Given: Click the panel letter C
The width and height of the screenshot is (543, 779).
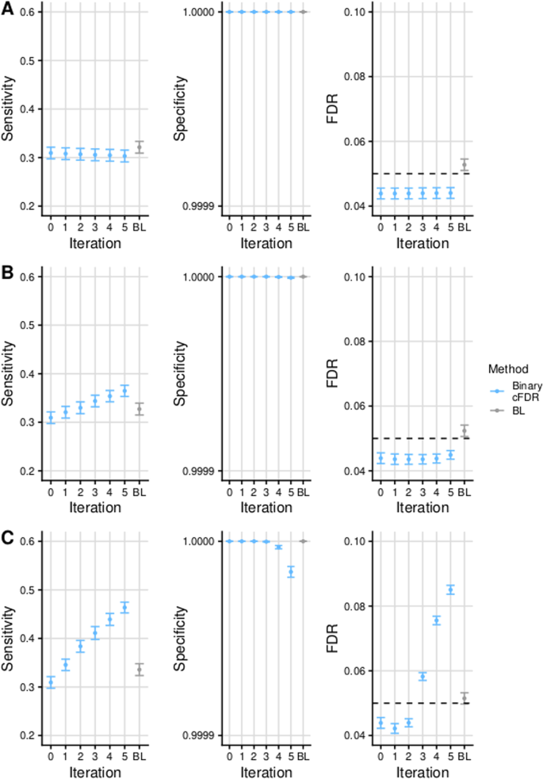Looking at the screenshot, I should (6, 537).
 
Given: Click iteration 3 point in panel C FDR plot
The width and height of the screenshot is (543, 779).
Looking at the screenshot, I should (423, 676).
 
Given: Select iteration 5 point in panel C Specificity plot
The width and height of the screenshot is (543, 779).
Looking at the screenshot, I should (291, 571).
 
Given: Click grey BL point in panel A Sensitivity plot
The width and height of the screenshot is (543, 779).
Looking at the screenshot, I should (140, 147).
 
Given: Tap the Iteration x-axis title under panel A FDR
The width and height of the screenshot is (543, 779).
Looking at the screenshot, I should (421, 243).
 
